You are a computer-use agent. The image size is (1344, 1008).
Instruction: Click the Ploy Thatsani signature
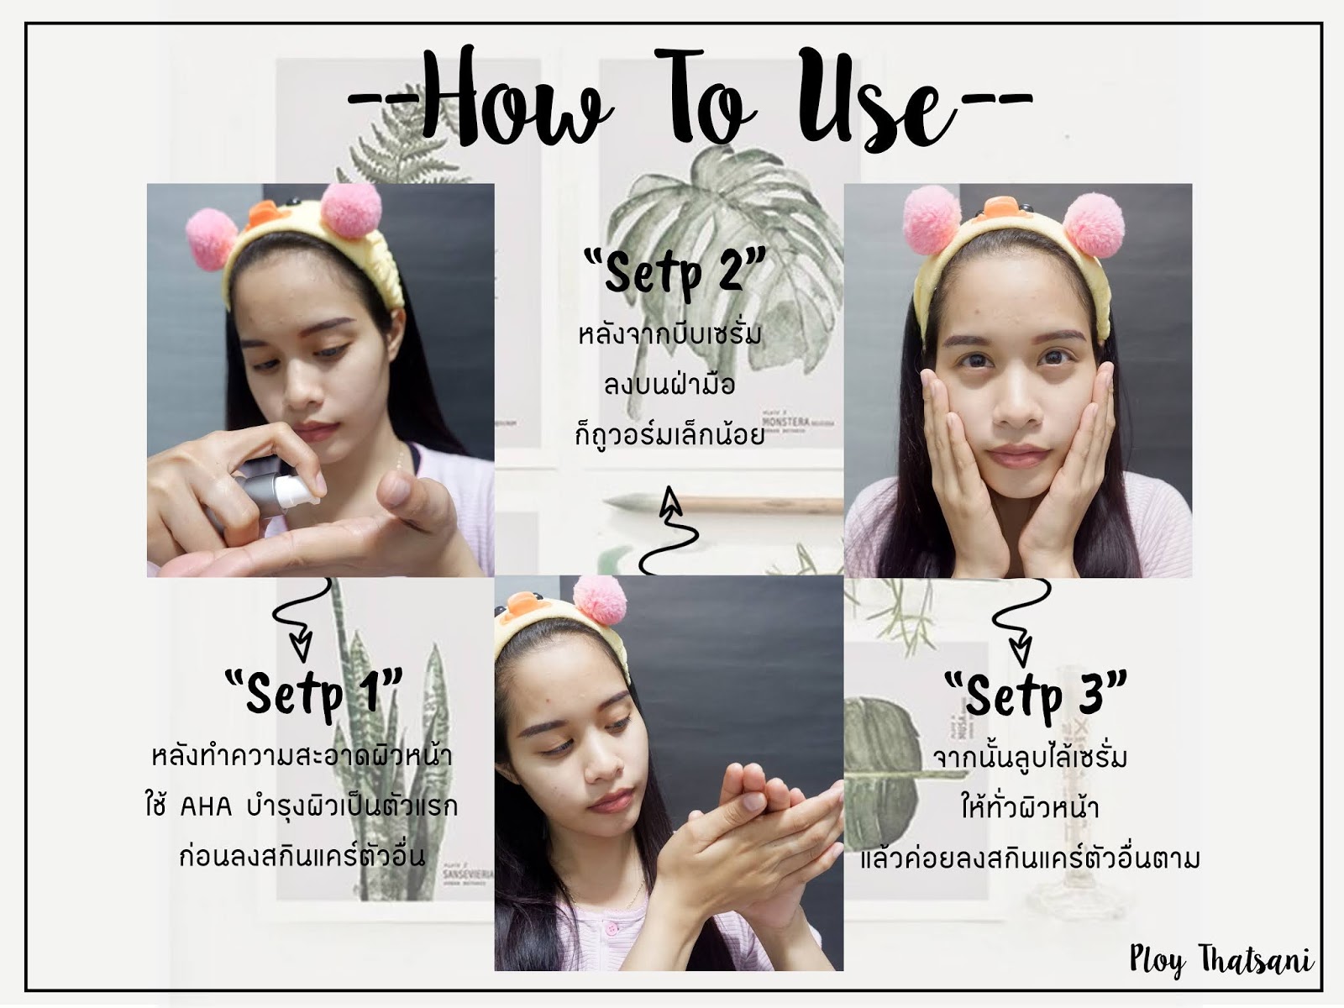point(1221,960)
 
